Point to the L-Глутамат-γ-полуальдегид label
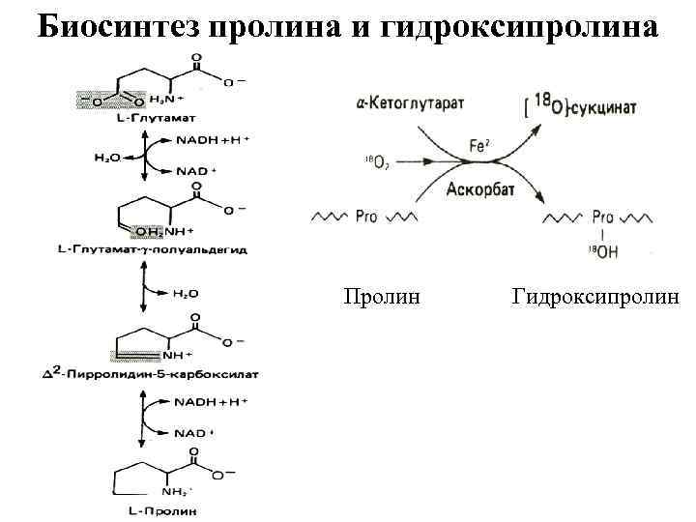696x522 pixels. pyautogui.click(x=153, y=249)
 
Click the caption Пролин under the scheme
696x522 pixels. pyautogui.click(x=382, y=295)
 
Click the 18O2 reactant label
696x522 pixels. pyautogui.click(x=378, y=161)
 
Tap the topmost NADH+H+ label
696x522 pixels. pyautogui.click(x=212, y=140)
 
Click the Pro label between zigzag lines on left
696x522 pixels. pyautogui.click(x=366, y=217)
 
